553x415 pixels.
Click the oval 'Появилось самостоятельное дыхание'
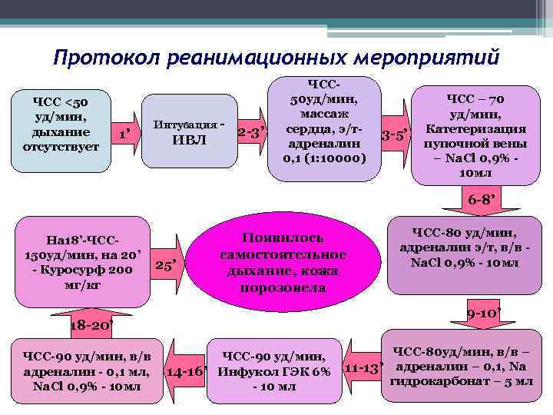coord(283,264)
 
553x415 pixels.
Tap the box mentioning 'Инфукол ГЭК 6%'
coord(274,371)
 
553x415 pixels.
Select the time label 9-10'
coord(485,314)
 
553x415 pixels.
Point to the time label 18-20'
coord(91,325)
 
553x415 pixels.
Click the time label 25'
coord(167,266)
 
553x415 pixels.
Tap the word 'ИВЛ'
coord(189,140)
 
